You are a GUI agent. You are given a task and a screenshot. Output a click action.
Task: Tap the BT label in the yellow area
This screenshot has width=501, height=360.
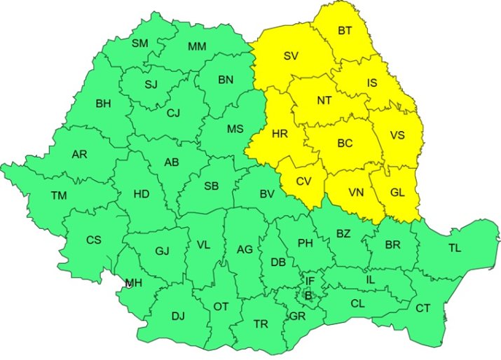tap(345, 31)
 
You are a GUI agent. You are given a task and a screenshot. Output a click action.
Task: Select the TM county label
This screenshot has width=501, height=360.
tap(59, 195)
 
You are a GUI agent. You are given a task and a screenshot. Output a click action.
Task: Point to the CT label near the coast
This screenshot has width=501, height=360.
tap(423, 308)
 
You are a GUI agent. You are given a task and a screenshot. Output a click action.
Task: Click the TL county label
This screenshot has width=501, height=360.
tap(455, 248)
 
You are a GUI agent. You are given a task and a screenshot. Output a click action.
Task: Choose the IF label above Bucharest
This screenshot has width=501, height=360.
tap(309, 282)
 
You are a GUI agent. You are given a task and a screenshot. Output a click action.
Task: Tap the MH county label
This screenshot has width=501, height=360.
tap(133, 283)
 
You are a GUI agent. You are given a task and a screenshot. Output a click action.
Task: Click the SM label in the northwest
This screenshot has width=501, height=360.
tap(140, 43)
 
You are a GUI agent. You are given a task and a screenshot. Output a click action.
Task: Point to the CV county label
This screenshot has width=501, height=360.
tap(303, 181)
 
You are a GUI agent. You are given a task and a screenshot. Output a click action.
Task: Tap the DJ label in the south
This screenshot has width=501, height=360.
tap(178, 316)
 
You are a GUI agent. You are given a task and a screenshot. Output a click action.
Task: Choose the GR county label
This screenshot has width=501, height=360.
tap(297, 317)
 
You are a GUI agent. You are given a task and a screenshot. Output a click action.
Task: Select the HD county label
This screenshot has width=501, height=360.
tap(142, 194)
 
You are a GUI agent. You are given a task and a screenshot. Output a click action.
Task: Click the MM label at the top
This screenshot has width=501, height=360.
tap(196, 47)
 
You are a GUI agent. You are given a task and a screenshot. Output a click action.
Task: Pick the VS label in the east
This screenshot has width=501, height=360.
tap(397, 135)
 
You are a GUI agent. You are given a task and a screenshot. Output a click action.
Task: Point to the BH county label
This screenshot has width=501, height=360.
tap(103, 104)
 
